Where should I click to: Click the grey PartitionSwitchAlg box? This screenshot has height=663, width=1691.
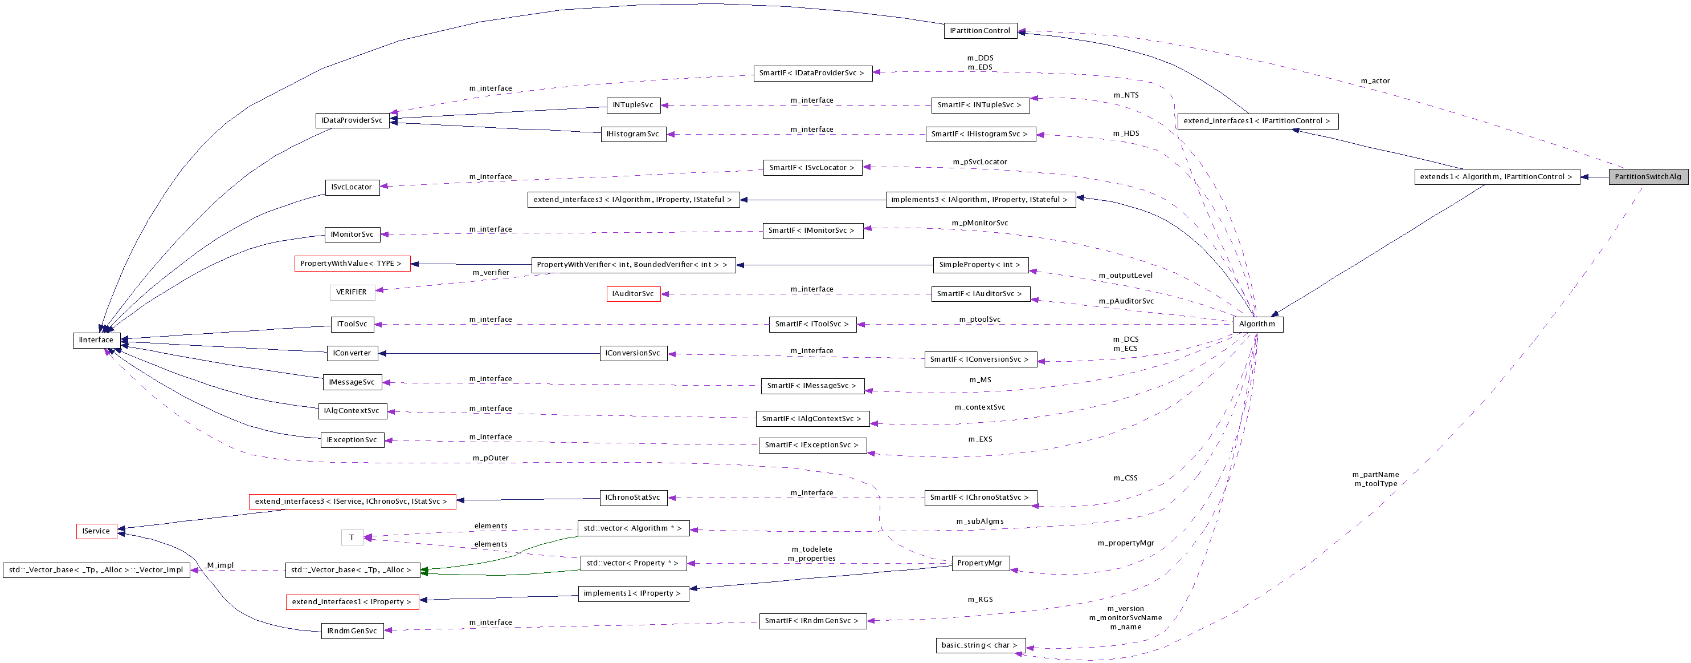[x=1648, y=177]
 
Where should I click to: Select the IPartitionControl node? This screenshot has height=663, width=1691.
[x=980, y=31]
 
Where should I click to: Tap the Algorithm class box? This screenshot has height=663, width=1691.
[x=1257, y=324]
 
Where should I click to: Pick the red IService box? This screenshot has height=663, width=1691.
[x=96, y=531]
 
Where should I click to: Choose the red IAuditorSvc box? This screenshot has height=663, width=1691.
[x=633, y=294]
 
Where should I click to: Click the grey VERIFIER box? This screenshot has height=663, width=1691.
[x=352, y=292]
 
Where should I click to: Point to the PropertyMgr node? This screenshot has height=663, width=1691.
[x=980, y=563]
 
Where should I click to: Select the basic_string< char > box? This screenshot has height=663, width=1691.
[x=979, y=645]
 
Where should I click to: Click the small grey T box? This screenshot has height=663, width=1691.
[x=352, y=537]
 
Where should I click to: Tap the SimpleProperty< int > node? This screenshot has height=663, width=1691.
[x=980, y=265]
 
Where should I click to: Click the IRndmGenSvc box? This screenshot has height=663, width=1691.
[x=352, y=631]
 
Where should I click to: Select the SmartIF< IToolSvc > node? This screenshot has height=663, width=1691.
[x=812, y=324]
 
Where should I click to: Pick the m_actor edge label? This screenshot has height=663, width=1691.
[x=1375, y=82]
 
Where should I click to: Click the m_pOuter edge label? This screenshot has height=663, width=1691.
[x=491, y=458]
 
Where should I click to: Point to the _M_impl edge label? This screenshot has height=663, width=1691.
[x=219, y=565]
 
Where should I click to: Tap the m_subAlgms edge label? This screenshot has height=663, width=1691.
[x=979, y=521]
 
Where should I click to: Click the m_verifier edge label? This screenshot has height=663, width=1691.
[x=491, y=273]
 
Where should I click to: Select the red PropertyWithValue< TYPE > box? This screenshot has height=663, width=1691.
[x=352, y=264]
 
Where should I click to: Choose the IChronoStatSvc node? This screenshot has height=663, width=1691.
[x=633, y=498]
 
